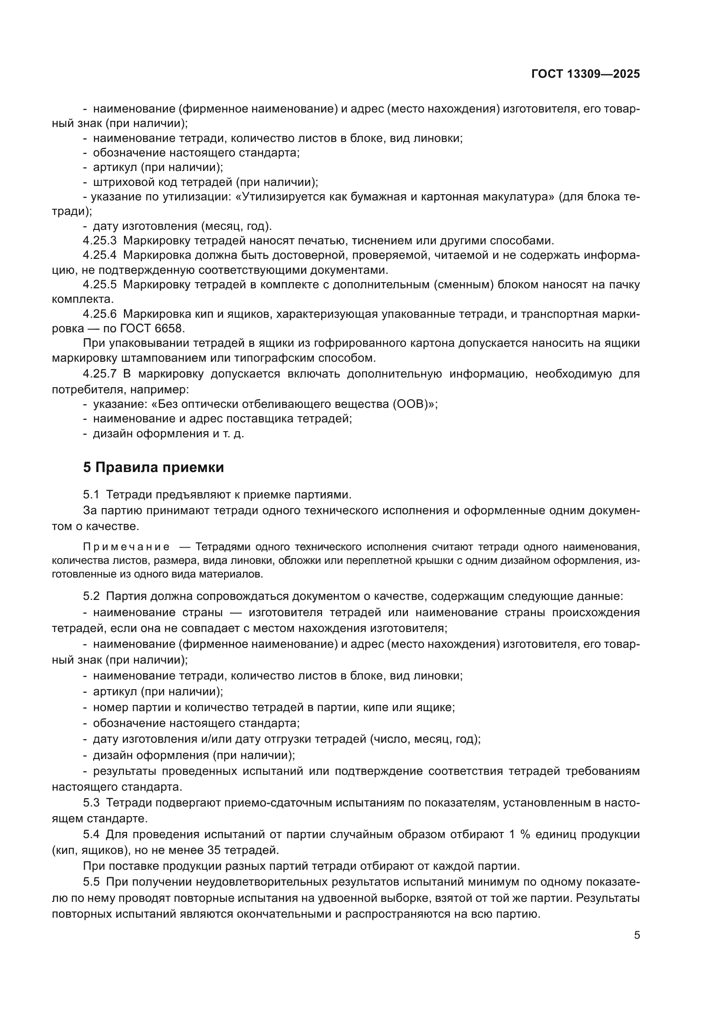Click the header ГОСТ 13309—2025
click(585, 74)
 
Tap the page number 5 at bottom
click(637, 935)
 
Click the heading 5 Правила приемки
click(153, 468)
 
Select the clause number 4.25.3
click(99, 241)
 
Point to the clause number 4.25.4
click(99, 255)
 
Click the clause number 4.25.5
click(99, 285)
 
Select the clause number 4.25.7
click(99, 374)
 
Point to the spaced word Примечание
click(126, 547)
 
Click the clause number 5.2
click(91, 596)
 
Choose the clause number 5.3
click(91, 803)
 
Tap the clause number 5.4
click(91, 835)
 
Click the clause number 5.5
click(91, 882)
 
